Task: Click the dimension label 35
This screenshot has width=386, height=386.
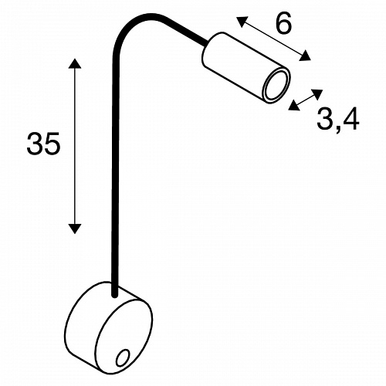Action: coord(43,144)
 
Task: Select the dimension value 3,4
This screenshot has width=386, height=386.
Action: coord(337,119)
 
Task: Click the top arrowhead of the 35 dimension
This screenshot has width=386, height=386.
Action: coord(75,63)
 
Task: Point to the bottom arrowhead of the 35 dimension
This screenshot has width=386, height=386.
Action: coord(75,229)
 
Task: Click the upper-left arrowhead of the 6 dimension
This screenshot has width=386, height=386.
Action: coord(242,22)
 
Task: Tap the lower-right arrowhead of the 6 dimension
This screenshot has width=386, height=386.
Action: coord(305,56)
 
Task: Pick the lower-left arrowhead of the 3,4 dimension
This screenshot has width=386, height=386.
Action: coord(294,106)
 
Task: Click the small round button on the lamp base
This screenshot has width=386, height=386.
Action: coord(122,357)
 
